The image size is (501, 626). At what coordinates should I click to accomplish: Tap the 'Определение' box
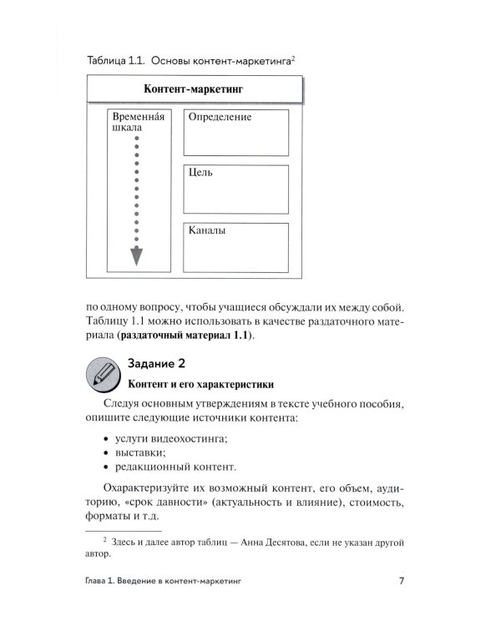coord(235,133)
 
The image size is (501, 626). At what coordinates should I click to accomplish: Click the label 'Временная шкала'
coord(137,123)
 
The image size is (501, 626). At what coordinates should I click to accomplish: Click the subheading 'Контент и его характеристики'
coord(200,385)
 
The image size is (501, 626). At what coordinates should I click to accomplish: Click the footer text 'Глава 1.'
coord(107,582)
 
